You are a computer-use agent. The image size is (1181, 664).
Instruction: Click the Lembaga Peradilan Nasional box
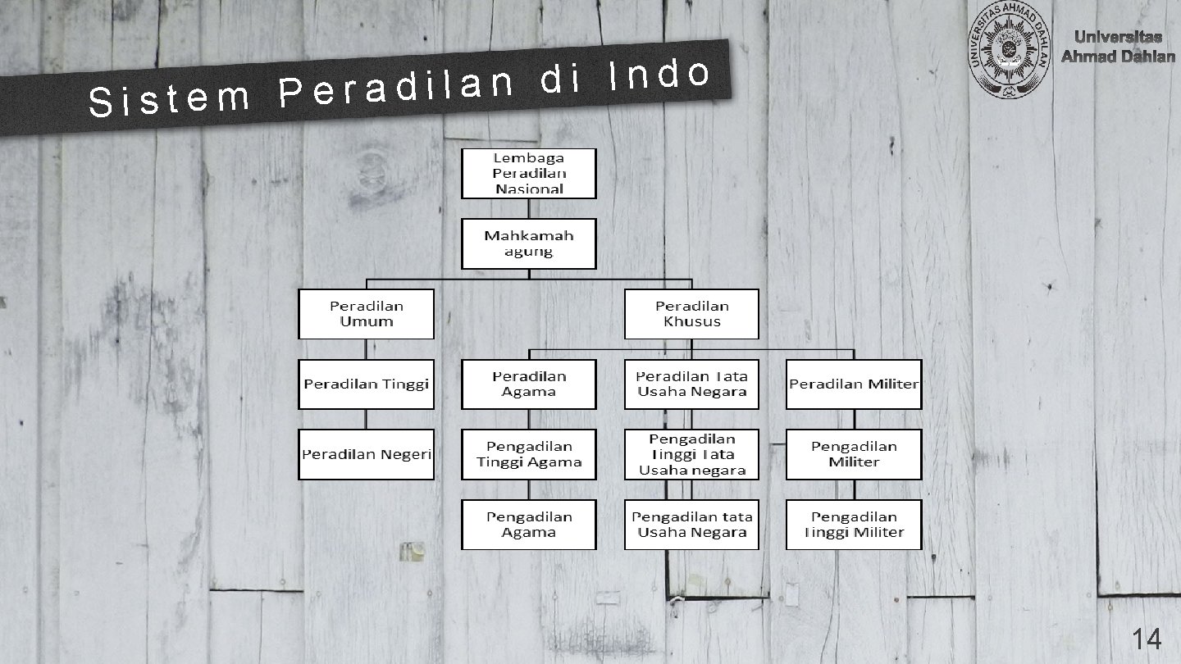click(528, 173)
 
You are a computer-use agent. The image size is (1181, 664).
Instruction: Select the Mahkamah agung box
click(528, 243)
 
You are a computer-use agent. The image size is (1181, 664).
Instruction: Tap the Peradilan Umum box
click(366, 313)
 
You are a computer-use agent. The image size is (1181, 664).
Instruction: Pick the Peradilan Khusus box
click(691, 313)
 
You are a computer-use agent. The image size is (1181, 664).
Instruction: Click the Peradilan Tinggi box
click(366, 384)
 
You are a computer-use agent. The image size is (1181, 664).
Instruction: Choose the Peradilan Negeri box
click(366, 454)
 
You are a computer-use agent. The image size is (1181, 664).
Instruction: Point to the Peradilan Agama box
click(528, 384)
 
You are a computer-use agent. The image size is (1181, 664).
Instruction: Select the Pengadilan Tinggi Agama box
click(528, 454)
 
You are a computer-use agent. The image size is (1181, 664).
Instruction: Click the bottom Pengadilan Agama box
click(528, 525)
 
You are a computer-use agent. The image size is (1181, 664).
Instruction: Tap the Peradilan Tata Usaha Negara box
click(691, 384)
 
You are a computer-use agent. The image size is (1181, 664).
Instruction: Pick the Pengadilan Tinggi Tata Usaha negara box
click(691, 454)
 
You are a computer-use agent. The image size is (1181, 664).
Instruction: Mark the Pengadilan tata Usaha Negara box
click(691, 525)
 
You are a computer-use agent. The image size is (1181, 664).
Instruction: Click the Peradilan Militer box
click(854, 384)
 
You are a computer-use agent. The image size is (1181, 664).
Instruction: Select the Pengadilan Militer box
click(854, 454)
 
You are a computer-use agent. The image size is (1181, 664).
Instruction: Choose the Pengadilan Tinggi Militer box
click(854, 525)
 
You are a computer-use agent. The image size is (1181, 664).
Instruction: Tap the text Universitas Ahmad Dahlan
click(1118, 47)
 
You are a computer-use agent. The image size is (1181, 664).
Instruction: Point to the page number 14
click(1147, 639)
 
